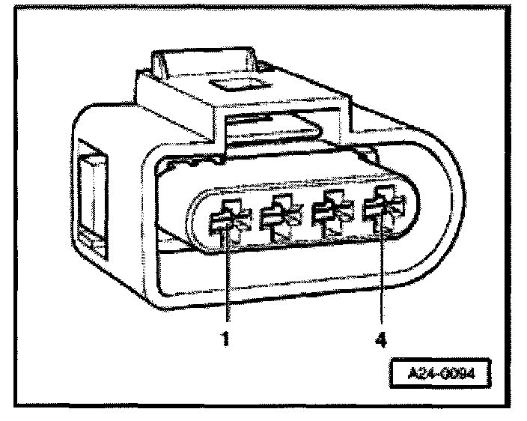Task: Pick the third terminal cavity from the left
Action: [x=330, y=213]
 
